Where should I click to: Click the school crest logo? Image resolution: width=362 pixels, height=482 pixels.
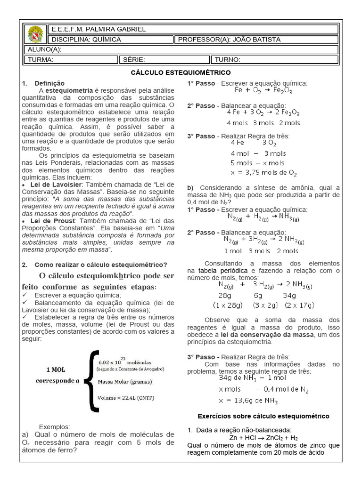(x=35, y=34)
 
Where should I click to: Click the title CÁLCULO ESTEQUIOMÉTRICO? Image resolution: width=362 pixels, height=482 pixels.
(x=181, y=72)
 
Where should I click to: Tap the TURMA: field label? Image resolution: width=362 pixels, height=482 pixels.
(x=41, y=60)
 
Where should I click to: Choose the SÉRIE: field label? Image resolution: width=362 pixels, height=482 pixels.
(x=134, y=60)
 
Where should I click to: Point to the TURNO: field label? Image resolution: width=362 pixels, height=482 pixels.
(x=228, y=60)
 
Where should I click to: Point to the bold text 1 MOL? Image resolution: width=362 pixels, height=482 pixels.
(x=56, y=369)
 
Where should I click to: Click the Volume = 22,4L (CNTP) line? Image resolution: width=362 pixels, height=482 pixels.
(x=126, y=398)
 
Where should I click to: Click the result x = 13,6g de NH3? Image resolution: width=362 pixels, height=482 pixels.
(x=248, y=401)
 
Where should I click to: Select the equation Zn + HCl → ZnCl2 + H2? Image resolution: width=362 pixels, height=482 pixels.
(x=263, y=438)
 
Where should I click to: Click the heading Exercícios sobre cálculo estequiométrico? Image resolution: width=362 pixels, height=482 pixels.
(x=263, y=417)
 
